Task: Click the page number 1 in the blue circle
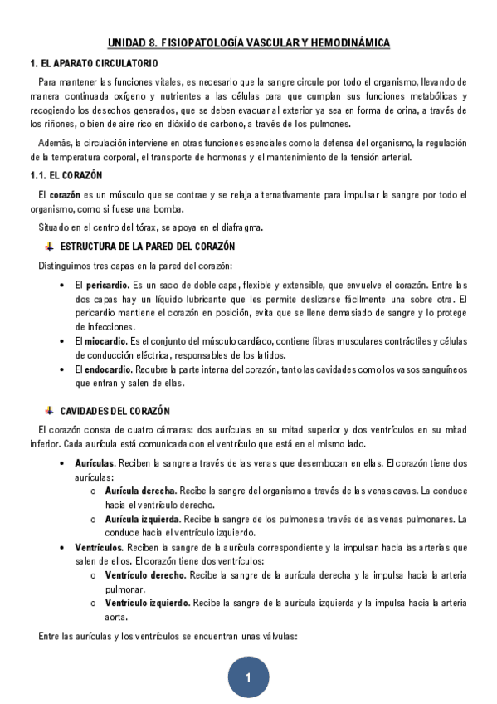point(248,679)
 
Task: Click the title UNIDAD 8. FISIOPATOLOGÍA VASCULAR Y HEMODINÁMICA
point(248,43)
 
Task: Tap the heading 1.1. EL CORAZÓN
point(66,176)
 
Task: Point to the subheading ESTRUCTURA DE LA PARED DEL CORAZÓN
point(148,247)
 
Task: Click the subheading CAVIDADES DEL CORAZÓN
point(115,411)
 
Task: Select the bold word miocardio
point(105,341)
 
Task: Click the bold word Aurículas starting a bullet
point(94,462)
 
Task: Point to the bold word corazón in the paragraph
point(64,195)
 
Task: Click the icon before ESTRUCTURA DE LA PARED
point(49,247)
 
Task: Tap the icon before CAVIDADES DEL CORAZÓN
point(49,411)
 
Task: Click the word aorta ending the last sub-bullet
point(115,617)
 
